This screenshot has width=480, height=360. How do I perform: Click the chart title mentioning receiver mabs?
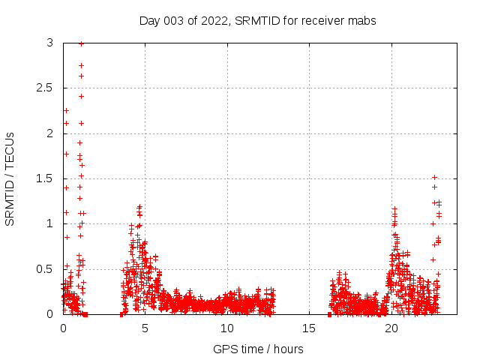coord(257,20)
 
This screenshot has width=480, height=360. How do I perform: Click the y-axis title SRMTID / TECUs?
coord(10,178)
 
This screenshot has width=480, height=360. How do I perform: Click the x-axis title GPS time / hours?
coord(258,349)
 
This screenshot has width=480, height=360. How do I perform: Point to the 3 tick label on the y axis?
coord(49,43)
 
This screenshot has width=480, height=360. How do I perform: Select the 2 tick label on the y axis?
coord(49,133)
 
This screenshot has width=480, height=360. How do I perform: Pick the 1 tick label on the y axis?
coord(49,223)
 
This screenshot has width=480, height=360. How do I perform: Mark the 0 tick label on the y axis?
coord(49,314)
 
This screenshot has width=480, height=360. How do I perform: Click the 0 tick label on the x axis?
coord(63,328)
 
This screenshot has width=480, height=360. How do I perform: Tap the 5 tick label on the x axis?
coord(145,328)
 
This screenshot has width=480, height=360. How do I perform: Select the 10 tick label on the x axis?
coord(226,328)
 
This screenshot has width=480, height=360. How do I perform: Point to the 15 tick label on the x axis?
coord(309,328)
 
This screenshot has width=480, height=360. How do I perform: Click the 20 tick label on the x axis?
coord(391,328)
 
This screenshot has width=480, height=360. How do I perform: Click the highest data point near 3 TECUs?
coord(81,43)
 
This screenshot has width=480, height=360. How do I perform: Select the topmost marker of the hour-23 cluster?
coord(434,177)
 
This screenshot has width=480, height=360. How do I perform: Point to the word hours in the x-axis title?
coord(287,349)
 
